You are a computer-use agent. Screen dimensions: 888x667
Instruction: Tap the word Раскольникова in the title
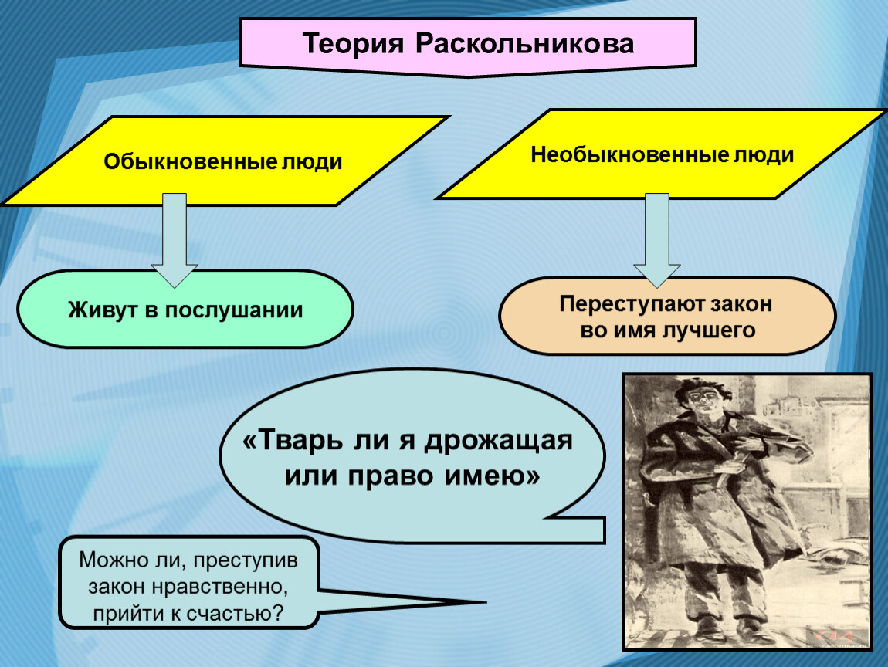[525, 44]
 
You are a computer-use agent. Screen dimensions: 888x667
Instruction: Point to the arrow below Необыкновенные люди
[657, 240]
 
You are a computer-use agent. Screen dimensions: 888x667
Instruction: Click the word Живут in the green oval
[103, 310]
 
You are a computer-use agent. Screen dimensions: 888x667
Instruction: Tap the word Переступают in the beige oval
[632, 304]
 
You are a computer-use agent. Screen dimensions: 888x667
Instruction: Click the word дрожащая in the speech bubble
[499, 441]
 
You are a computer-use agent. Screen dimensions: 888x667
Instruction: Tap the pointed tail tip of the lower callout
[486, 602]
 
